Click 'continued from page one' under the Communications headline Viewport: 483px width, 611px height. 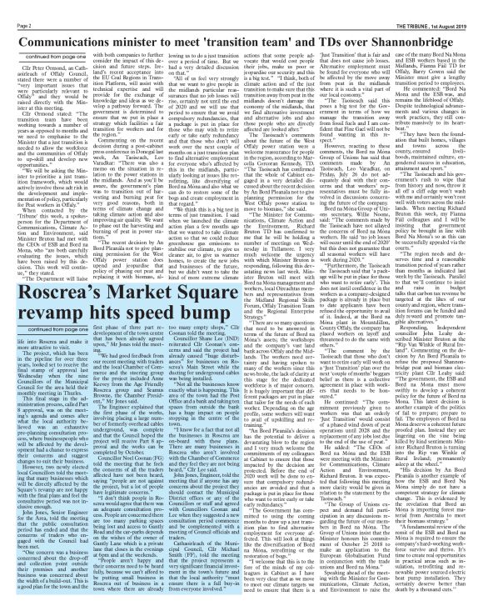click(42, 43)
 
